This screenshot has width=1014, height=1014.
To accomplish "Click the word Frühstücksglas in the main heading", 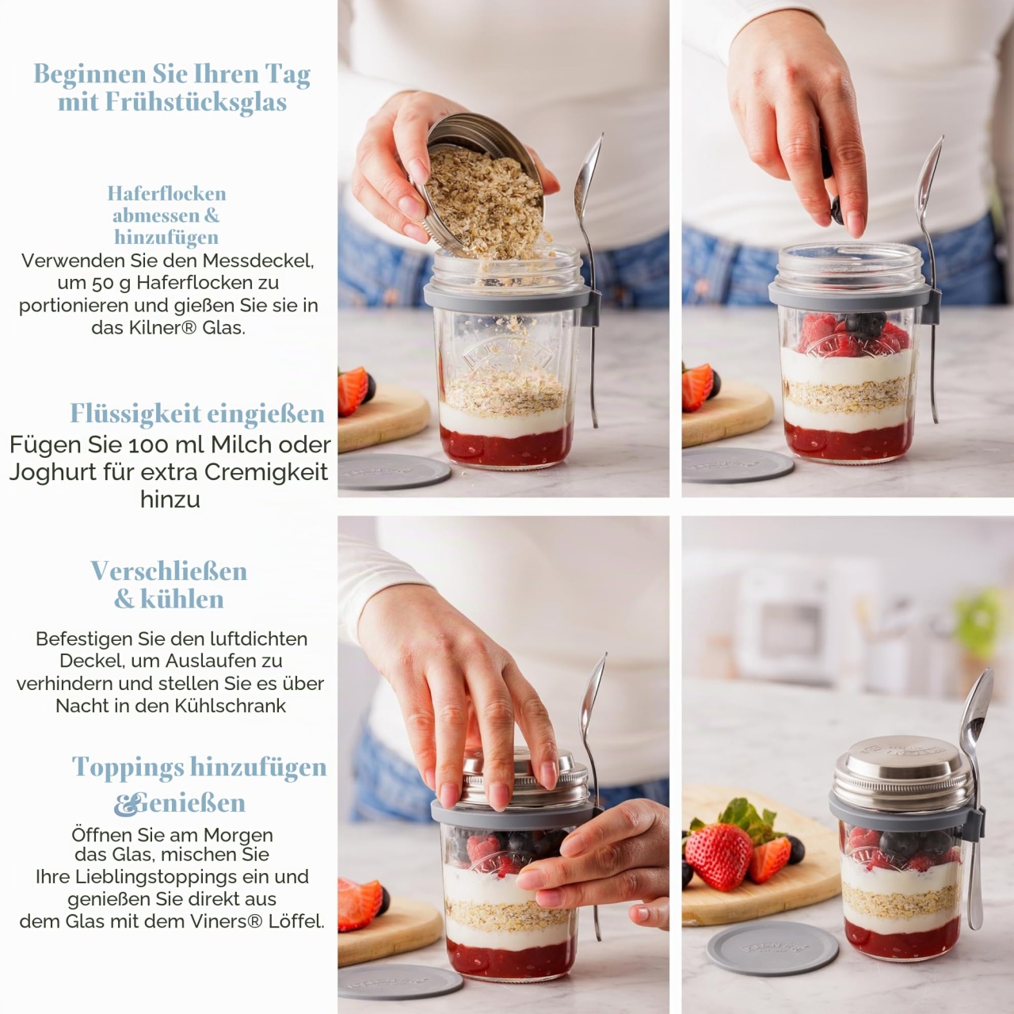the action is point(196,102).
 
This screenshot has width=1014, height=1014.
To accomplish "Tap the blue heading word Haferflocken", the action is point(167,193).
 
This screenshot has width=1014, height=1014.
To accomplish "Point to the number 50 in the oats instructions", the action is point(101,283).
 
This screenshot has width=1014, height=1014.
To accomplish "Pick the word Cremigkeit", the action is point(266,472).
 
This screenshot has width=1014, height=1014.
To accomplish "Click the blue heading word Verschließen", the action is point(169,571).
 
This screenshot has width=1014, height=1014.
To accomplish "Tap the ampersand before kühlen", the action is point(124,600).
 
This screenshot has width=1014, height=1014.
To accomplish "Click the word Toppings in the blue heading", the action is point(128,768).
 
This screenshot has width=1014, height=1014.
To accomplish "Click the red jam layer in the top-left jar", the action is point(506,445).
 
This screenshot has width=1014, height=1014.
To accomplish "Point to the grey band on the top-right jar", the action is point(849,297).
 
